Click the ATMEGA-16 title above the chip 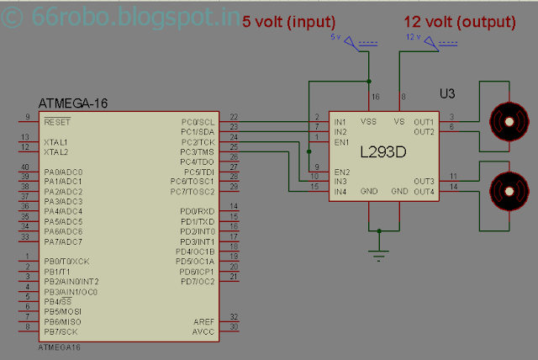point(73,103)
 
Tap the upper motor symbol point(506,122)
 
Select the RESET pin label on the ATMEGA point(58,122)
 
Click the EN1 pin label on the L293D point(342,142)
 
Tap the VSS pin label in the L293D point(369,121)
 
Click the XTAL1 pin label point(57,142)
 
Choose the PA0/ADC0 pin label point(64,172)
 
